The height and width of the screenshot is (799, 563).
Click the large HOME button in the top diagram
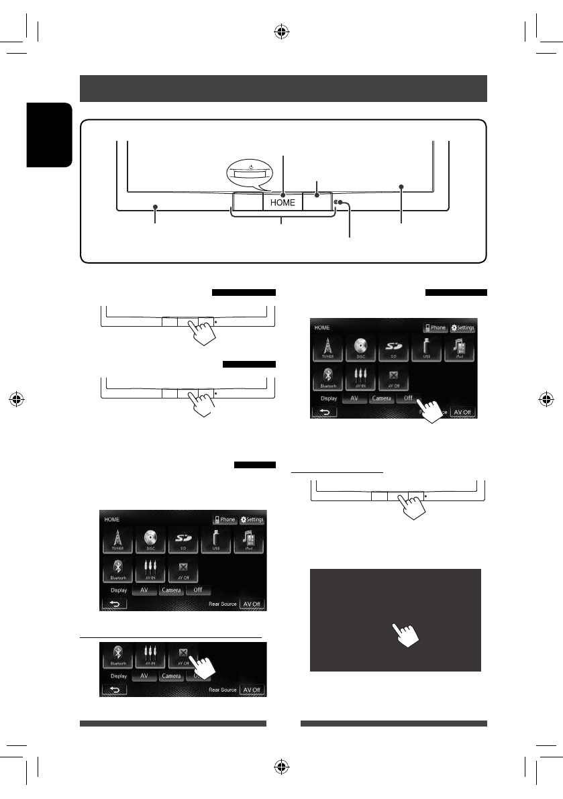pyautogui.click(x=283, y=202)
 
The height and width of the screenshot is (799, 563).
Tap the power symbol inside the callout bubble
pyautogui.click(x=252, y=167)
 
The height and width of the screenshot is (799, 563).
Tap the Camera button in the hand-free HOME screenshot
pyautogui.click(x=170, y=591)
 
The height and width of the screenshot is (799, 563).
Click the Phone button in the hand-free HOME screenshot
pyautogui.click(x=225, y=520)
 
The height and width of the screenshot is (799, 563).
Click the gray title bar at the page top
pyautogui.click(x=283, y=88)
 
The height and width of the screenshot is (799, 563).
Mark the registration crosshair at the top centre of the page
pyautogui.click(x=283, y=30)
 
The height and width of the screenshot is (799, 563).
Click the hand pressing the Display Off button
pyautogui.click(x=430, y=409)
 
